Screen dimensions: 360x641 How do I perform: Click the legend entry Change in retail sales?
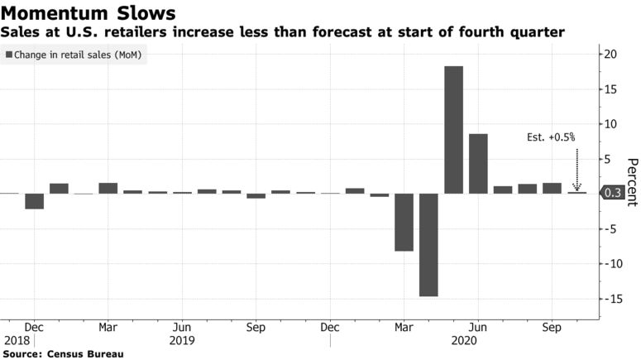tap(74, 55)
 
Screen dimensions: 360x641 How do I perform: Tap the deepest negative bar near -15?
tap(428, 244)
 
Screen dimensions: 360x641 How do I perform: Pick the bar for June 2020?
tap(478, 164)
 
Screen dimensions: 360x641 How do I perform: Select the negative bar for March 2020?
tap(404, 222)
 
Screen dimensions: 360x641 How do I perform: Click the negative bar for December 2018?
tap(34, 201)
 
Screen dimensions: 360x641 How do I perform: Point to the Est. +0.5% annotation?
tap(551, 137)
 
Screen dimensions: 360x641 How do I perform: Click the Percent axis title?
tap(632, 182)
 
